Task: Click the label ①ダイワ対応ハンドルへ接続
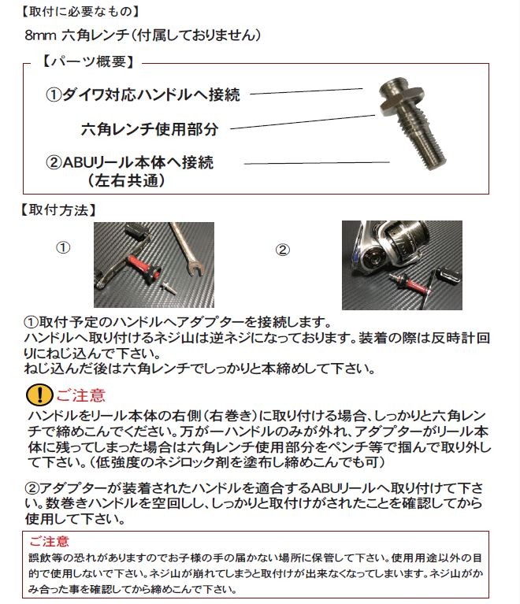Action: coord(143,94)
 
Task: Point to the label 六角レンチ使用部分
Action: coord(150,128)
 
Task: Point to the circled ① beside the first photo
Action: coord(64,247)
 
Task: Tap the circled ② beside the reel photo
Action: coord(283,250)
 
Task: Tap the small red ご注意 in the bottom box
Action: coord(49,542)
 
